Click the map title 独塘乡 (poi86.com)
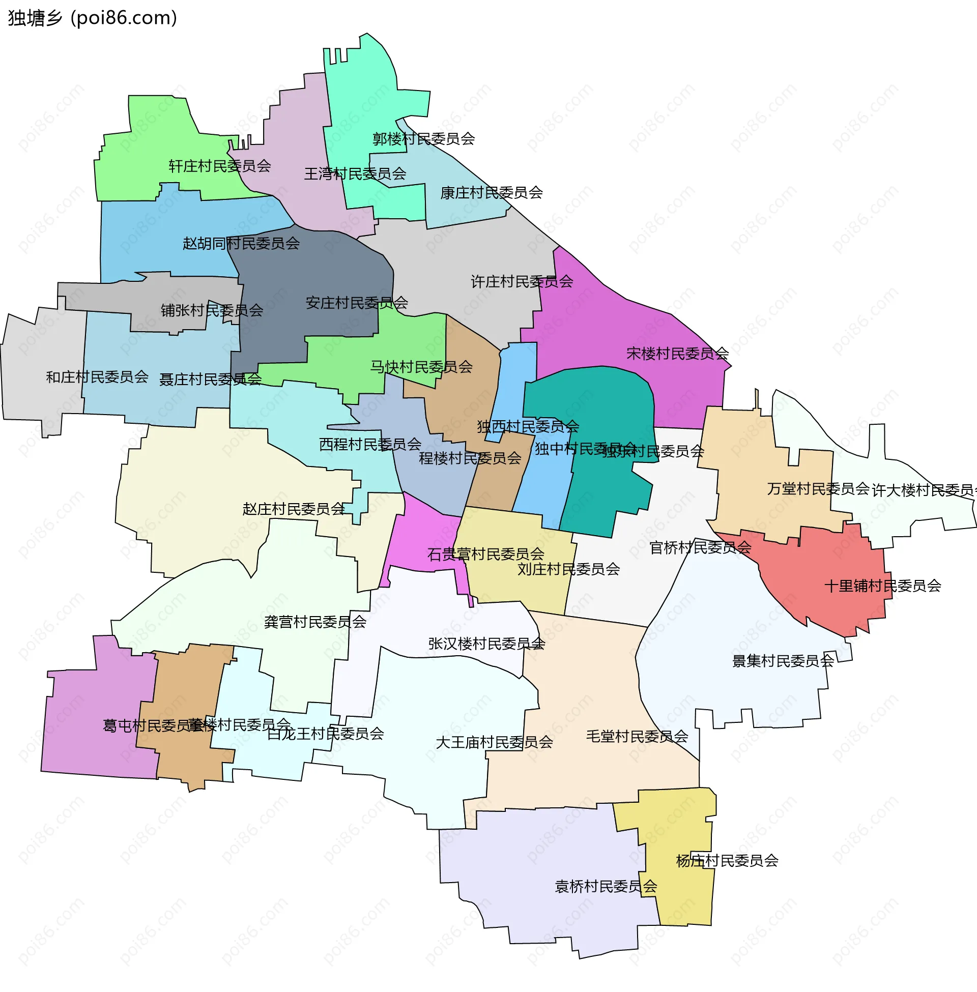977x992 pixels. coord(93,18)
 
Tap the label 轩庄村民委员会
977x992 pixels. coord(220,166)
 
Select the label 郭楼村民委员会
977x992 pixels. coord(423,139)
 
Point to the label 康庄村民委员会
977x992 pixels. coord(491,193)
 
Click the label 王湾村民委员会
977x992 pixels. coord(355,174)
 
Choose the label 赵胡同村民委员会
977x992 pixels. coord(241,243)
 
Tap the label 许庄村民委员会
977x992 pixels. coord(522,282)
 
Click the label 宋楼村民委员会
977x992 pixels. coord(677,354)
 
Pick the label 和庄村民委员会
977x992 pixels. coord(97,377)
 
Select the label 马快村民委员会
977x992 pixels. coord(421,367)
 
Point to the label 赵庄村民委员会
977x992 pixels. coord(294,509)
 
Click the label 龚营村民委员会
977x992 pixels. coord(315,622)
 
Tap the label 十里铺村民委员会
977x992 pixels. coord(882,586)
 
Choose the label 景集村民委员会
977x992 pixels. coord(783,661)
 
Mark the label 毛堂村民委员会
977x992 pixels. coord(637,737)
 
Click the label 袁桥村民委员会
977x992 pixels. coord(606,886)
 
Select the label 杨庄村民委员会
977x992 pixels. coord(727,861)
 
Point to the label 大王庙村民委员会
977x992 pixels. coord(494,742)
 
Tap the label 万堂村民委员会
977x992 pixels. coord(818,489)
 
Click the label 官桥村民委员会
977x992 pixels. coord(700,548)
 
